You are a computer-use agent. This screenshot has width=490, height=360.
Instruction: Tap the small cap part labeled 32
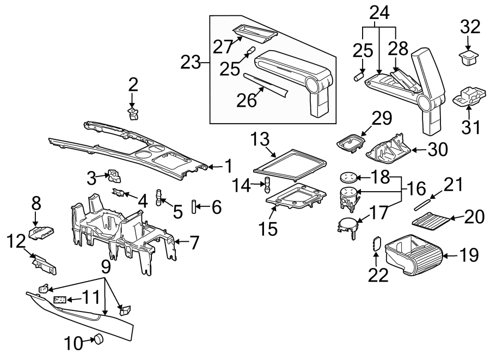click(x=467, y=57)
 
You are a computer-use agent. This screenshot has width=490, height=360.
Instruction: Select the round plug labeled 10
click(x=99, y=339)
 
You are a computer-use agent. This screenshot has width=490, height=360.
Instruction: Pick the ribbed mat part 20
click(x=432, y=221)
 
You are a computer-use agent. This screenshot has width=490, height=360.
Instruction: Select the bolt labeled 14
click(x=267, y=186)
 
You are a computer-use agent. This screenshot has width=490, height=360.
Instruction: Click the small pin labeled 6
click(x=194, y=208)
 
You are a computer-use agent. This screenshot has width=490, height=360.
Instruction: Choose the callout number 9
click(x=106, y=266)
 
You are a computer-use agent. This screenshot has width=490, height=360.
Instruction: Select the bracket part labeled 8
click(x=42, y=233)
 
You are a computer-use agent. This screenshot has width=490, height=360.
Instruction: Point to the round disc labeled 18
click(x=347, y=176)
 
